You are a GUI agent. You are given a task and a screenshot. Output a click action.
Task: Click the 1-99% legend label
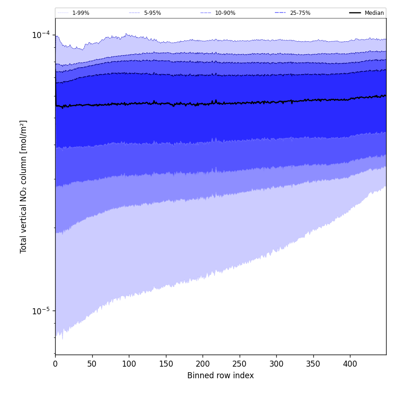click(x=81, y=13)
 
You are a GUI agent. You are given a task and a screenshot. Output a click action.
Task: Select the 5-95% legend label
click(x=153, y=13)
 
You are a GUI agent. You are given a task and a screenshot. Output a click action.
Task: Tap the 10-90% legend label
click(x=225, y=13)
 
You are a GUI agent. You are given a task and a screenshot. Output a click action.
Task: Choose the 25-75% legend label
click(x=300, y=13)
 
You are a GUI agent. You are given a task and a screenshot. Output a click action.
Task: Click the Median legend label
click(x=374, y=13)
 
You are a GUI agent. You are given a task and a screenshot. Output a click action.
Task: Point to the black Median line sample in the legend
click(x=356, y=13)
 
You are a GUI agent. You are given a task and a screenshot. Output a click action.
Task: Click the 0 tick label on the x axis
click(x=55, y=364)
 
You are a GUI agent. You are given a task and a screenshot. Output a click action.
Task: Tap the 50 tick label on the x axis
click(x=92, y=364)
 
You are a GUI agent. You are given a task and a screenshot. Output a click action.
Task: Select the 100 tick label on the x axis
click(x=129, y=364)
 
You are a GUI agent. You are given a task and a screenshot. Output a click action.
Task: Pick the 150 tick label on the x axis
click(x=166, y=364)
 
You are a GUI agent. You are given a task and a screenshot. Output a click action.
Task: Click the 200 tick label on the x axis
click(x=203, y=364)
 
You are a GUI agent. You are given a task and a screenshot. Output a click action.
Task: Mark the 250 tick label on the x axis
click(x=240, y=364)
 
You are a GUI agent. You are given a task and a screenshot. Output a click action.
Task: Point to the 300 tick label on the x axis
click(x=276, y=364)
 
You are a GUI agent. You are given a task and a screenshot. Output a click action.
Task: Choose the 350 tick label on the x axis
click(x=313, y=364)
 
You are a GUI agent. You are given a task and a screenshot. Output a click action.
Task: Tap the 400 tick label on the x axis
click(x=350, y=364)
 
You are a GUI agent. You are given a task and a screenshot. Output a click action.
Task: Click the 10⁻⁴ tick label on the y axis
click(x=41, y=35)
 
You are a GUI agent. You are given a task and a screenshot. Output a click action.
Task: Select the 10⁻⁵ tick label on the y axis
click(x=41, y=311)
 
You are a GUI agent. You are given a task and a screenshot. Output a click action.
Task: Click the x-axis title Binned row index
click(x=221, y=375)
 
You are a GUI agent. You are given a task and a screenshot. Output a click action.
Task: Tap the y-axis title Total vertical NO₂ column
click(x=24, y=186)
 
